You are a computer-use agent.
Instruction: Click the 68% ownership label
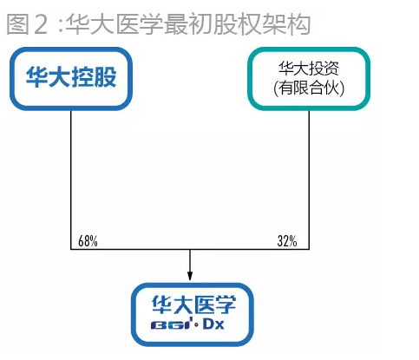pos(88,241)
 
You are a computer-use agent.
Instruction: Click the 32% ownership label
pos(287,241)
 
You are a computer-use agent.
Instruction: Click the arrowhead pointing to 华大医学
pos(190,276)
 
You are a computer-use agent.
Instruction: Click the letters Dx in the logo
pos(213,324)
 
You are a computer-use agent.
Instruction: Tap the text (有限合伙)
pos(309,88)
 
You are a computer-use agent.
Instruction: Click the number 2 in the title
pos(41,24)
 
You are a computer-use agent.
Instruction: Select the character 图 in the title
pos(17,24)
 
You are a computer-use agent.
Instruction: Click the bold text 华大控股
pos(71,76)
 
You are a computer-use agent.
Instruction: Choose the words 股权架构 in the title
pos(262,24)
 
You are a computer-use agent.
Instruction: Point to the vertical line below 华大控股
pos(71,180)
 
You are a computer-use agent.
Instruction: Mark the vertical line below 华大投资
pos(309,180)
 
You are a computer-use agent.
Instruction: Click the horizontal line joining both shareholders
pos(190,249)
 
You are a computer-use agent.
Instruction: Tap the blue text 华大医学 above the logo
pos(193,304)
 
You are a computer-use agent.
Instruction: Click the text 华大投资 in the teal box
pos(309,69)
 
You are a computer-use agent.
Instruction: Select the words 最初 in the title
pos(189,24)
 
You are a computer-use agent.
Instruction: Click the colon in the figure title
pos(61,25)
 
